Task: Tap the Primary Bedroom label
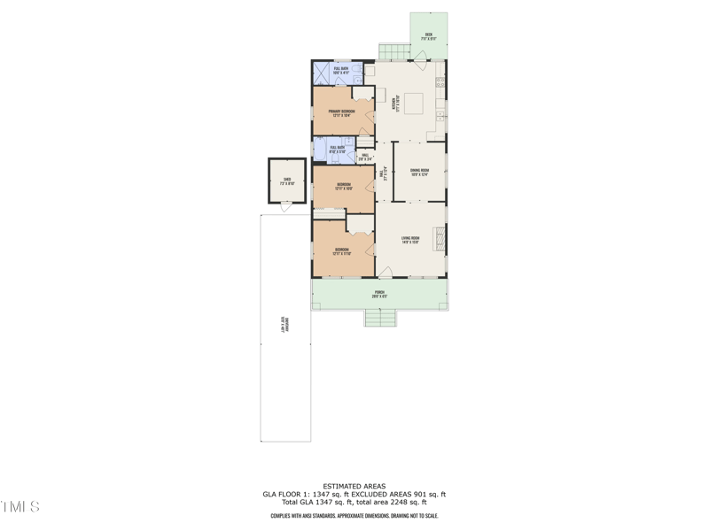point(341,112)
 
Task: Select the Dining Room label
point(419,173)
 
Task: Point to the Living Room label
point(409,240)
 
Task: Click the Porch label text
point(379,294)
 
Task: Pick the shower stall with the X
point(322,73)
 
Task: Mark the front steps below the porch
point(378,318)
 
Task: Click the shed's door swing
point(285,207)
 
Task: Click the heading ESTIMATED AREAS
point(354,486)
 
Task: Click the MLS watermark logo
point(20,507)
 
